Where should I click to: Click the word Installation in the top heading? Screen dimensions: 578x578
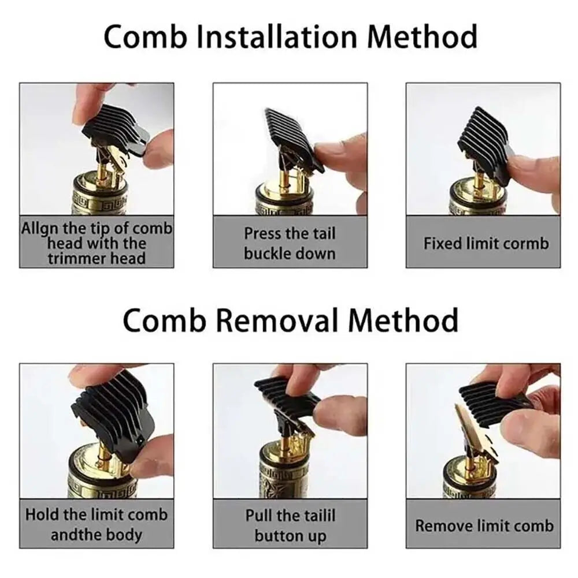277,36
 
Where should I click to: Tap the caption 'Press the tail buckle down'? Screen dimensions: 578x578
290,243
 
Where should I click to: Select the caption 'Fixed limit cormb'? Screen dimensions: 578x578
486,243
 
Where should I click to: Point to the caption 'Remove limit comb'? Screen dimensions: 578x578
484,525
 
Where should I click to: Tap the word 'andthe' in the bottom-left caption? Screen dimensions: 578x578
73,535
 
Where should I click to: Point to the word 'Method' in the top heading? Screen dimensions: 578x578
422,36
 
